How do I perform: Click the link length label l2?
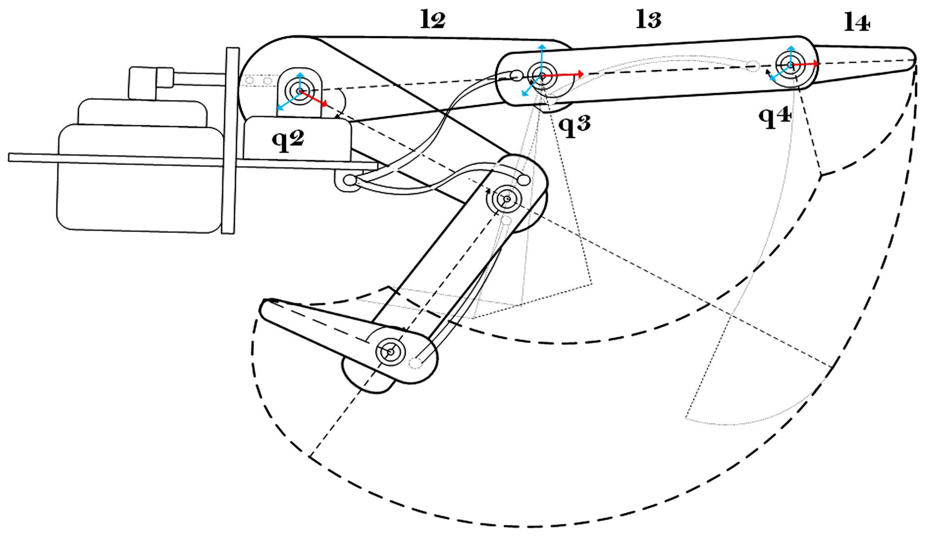[x=433, y=21]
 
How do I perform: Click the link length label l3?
[x=649, y=21]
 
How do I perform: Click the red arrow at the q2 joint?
[x=314, y=99]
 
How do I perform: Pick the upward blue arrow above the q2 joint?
[x=301, y=79]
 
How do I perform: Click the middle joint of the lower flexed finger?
[x=507, y=199]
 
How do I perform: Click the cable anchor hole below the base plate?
[x=350, y=181]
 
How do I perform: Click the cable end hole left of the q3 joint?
[x=516, y=76]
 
